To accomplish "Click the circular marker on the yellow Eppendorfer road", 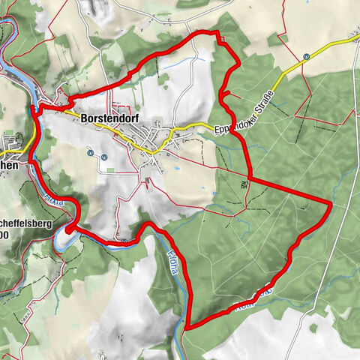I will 307,57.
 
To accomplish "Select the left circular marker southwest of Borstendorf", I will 90,155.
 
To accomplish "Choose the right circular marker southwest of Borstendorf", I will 104,156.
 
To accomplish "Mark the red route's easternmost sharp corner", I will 331,202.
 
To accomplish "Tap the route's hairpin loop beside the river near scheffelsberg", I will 70,229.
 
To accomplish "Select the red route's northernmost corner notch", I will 217,34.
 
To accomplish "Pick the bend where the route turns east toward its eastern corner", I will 249,180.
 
